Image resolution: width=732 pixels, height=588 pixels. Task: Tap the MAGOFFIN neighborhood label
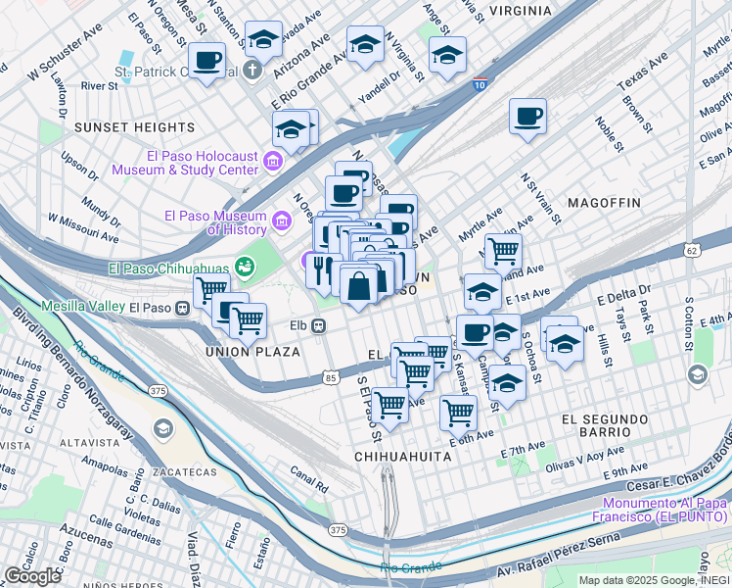[x=603, y=202]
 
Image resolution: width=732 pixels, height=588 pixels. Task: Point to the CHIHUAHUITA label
[x=402, y=457]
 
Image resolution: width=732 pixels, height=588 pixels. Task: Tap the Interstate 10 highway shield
[x=480, y=85]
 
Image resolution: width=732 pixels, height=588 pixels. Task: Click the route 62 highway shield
[x=692, y=251]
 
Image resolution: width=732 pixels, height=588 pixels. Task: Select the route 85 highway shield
[x=330, y=377]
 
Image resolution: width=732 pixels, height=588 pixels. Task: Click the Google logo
[x=32, y=576]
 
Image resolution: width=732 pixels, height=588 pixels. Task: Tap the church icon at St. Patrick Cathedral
[x=252, y=71]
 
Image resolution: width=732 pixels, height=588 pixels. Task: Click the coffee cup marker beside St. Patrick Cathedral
[x=206, y=61]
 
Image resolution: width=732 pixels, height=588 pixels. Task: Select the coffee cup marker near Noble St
[x=527, y=117]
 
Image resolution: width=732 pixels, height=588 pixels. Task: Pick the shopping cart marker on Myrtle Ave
[x=503, y=252]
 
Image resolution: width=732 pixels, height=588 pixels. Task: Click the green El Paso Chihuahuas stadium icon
[x=245, y=266]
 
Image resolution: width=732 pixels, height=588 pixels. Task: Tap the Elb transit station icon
[x=319, y=326]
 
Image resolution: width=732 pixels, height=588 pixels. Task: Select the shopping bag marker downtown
[x=359, y=285]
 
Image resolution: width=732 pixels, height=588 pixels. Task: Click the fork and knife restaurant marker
[x=324, y=269]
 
